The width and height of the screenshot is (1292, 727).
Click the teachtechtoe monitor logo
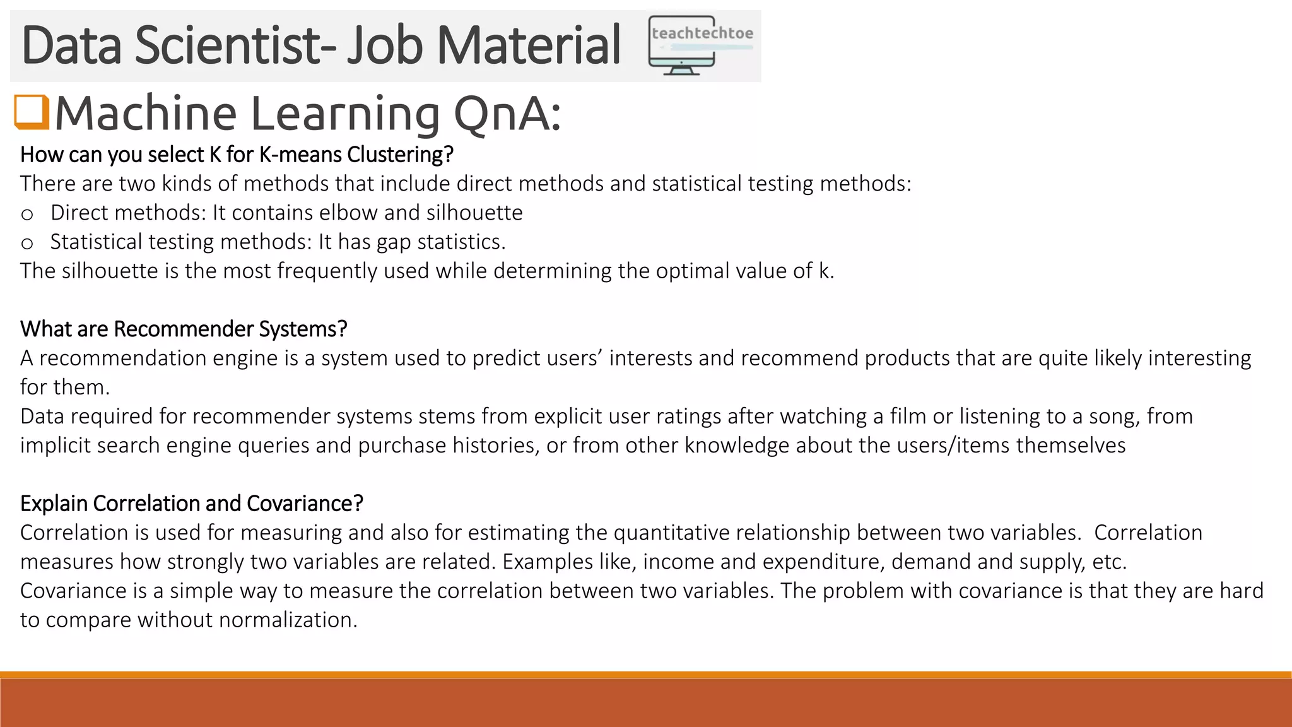tap(700, 45)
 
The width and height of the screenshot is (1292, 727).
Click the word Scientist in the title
tap(234, 45)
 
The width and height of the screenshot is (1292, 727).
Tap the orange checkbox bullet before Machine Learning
tap(32, 112)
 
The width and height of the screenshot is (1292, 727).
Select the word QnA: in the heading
tap(507, 114)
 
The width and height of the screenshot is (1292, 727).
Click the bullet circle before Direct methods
tap(26, 215)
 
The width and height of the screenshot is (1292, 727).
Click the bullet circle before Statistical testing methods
tap(26, 244)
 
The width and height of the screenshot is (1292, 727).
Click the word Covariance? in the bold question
tap(305, 504)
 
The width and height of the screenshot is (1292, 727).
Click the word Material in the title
tap(529, 45)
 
